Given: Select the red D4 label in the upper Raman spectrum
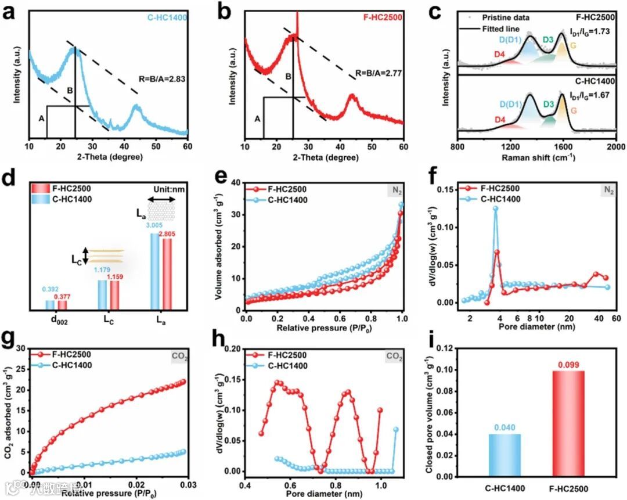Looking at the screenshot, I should [500, 53].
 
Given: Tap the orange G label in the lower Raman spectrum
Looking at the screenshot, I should [574, 109].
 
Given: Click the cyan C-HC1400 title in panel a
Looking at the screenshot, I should [167, 18].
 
